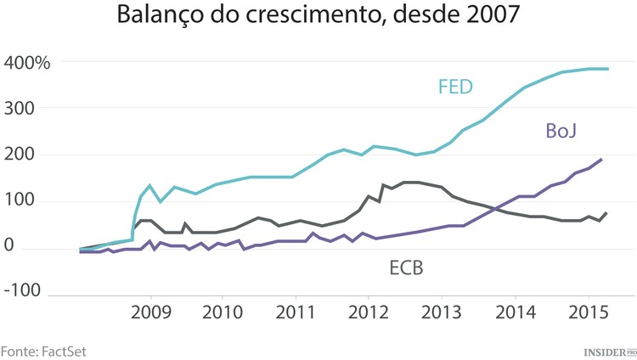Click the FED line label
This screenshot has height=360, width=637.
456,87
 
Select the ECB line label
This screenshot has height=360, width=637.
406,269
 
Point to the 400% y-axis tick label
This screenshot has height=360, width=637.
27,63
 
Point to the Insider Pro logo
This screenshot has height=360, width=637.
609,350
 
